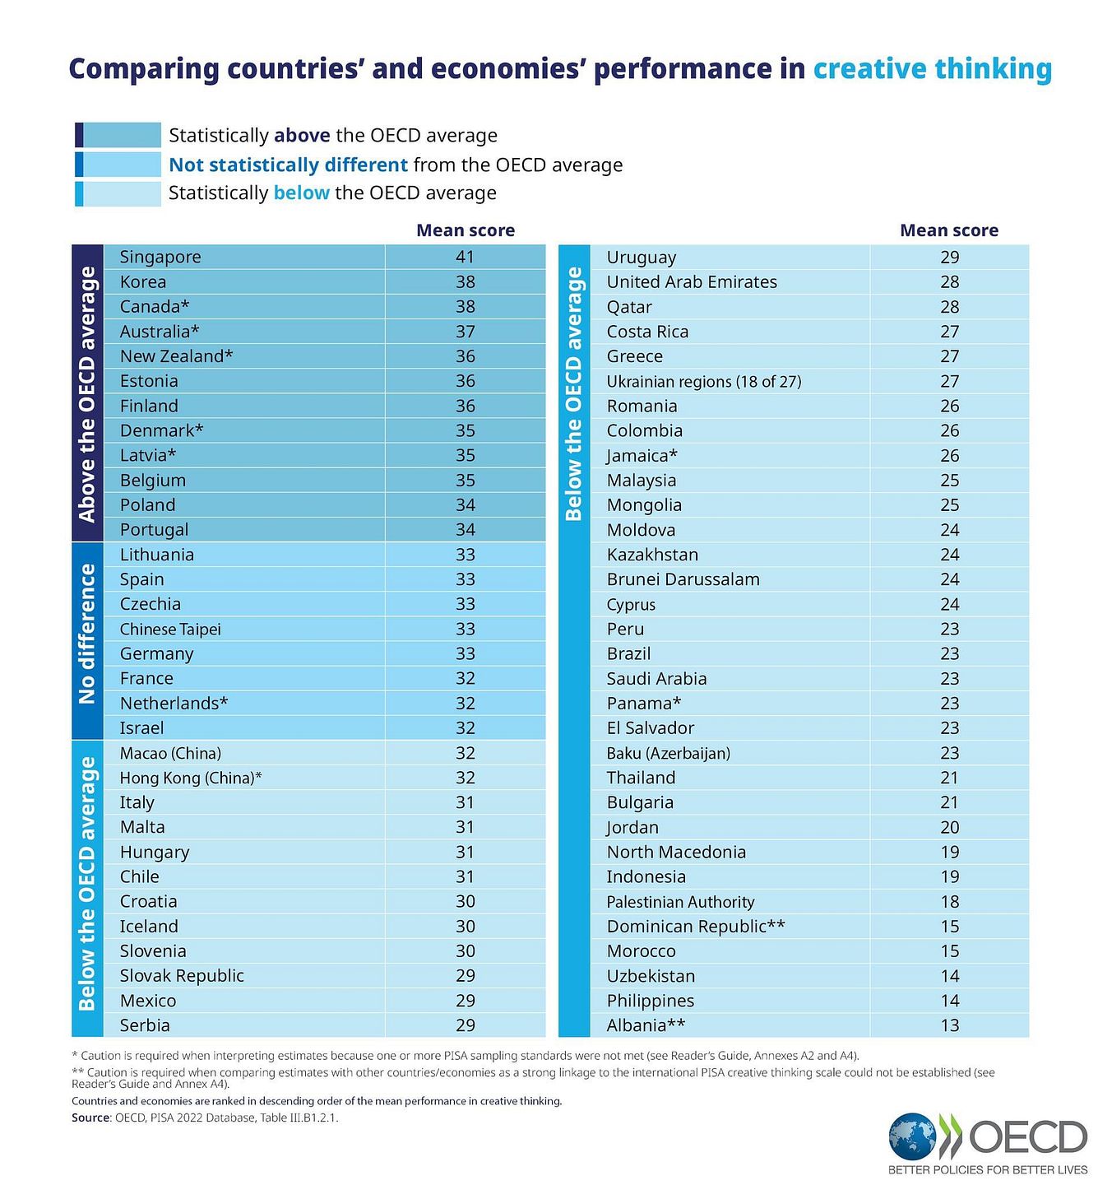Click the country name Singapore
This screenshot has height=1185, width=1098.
click(x=160, y=257)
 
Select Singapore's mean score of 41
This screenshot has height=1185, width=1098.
click(x=466, y=257)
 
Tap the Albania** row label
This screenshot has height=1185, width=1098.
click(x=646, y=1025)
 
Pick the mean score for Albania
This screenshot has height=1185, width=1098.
click(x=950, y=1025)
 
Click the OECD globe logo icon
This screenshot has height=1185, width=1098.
click(x=912, y=1137)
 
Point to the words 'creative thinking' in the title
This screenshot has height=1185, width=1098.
click(x=933, y=68)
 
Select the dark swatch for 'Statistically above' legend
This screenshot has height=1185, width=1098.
click(x=118, y=135)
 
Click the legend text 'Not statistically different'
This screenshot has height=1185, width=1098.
click(x=288, y=165)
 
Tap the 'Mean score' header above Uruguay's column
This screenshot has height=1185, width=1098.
click(x=949, y=230)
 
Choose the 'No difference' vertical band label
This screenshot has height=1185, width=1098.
click(x=87, y=634)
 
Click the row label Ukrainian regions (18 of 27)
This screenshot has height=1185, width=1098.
click(x=704, y=381)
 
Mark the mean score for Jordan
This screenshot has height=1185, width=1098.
click(x=950, y=827)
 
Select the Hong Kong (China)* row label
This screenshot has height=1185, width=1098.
click(x=191, y=778)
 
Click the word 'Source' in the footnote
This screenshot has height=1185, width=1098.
click(x=90, y=1118)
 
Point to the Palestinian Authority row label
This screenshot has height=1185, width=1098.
click(x=680, y=902)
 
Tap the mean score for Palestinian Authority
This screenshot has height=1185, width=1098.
click(x=950, y=902)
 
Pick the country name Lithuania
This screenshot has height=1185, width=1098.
click(x=157, y=555)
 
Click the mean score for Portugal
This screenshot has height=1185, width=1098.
click(x=466, y=530)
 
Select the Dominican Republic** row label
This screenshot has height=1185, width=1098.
click(x=696, y=927)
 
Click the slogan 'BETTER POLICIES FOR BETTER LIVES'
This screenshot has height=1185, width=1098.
click(x=988, y=1170)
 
